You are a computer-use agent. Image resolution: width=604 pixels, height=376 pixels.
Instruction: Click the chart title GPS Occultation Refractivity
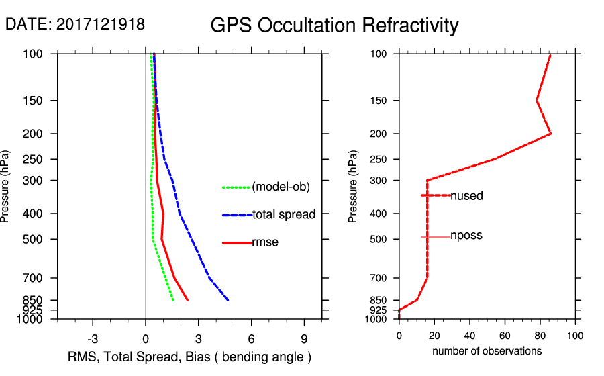[x=334, y=26]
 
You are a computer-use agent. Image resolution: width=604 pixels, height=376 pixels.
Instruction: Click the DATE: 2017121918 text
[x=75, y=24]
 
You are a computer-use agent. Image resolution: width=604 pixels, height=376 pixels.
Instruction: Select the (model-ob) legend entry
[x=281, y=187]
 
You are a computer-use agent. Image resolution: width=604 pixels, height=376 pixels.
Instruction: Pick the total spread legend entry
[x=284, y=215]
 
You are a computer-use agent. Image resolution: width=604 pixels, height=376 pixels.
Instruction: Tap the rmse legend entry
[x=264, y=242]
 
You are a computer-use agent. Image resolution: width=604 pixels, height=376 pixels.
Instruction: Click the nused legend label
[x=466, y=196]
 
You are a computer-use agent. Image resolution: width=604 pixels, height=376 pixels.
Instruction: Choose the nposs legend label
[x=466, y=236]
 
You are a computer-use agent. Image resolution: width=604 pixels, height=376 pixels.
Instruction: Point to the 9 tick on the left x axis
[x=304, y=339]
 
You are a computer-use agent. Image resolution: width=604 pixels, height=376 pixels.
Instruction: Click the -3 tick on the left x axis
[x=93, y=339]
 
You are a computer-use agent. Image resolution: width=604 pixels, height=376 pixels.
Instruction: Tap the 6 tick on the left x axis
[x=251, y=339]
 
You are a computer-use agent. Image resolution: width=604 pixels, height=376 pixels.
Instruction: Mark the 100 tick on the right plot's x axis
[x=574, y=336]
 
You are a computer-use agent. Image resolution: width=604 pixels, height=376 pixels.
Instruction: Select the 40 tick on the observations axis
[x=470, y=336]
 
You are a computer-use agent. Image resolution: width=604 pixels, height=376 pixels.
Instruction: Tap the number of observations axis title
[x=487, y=351]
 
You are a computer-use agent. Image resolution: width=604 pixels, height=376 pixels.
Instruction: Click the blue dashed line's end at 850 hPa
[x=228, y=300]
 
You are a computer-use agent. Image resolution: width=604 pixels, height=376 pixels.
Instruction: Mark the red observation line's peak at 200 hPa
[x=551, y=134]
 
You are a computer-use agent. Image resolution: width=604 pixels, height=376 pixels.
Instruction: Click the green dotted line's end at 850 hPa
[x=173, y=300]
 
